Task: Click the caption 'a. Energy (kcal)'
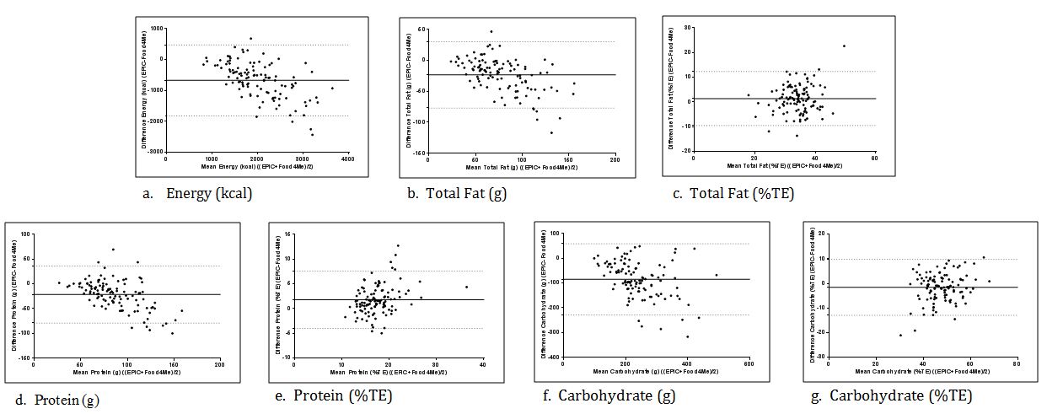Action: (198, 193)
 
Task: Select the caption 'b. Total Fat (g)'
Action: (455, 193)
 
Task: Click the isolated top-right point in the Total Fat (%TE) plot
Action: (844, 46)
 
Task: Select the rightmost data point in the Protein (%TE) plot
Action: (466, 287)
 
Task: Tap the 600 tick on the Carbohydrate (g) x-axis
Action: (749, 364)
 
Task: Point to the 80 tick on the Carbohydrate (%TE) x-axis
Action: (1017, 364)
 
